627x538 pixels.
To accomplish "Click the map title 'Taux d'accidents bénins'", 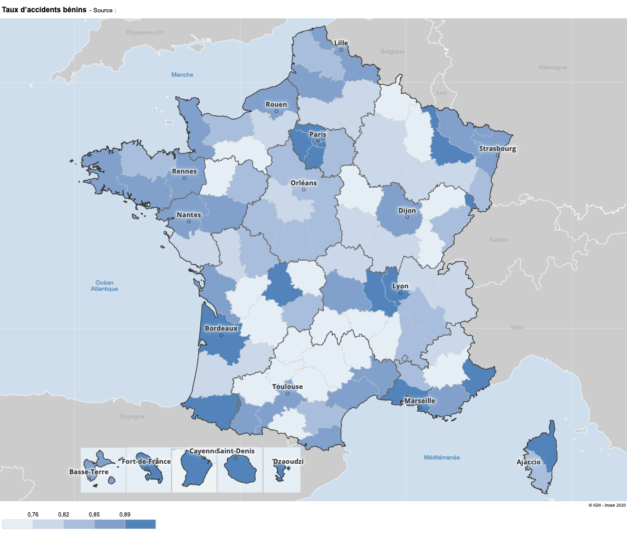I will click(x=44, y=10).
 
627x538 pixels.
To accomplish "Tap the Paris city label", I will click(x=317, y=134).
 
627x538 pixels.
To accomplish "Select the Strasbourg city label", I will click(x=497, y=148).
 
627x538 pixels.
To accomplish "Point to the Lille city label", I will click(x=341, y=43).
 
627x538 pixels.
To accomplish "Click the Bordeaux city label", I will click(x=221, y=328).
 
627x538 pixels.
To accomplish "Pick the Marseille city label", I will click(x=420, y=401).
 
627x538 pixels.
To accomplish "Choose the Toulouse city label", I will click(x=287, y=386).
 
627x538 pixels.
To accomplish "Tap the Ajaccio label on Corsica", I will click(x=528, y=461).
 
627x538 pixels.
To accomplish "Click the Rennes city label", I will click(x=184, y=171).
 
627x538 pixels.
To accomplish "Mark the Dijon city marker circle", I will click(x=407, y=217).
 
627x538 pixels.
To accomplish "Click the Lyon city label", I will click(x=400, y=286).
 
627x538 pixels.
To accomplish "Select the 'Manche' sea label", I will click(x=182, y=75).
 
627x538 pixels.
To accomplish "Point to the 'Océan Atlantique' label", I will click(x=104, y=285).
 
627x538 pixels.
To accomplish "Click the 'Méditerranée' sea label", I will click(x=442, y=458).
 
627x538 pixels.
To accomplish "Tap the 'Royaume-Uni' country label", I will click(x=145, y=32).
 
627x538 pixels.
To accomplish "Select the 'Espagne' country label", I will click(x=132, y=416).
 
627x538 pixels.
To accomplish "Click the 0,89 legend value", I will click(x=124, y=514).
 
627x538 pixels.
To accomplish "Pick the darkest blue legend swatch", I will click(x=140, y=524).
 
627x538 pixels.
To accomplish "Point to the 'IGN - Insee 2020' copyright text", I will click(x=607, y=505).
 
